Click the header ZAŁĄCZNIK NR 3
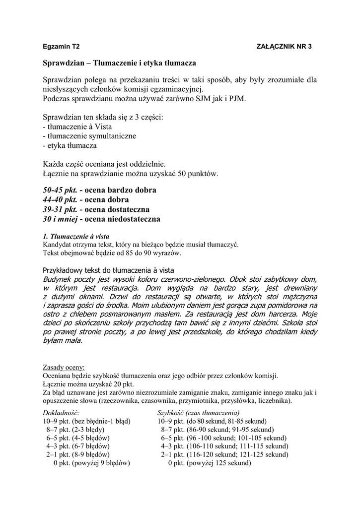pyautogui.click(x=284, y=46)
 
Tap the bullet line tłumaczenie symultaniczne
pyautogui.click(x=89, y=136)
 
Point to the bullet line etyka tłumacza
pyautogui.click(x=70, y=146)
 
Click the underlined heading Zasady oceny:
pyautogui.click(x=64, y=368)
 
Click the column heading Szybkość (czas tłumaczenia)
pyautogui.click(x=198, y=413)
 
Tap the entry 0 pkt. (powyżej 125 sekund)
pyautogui.click(x=209, y=463)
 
